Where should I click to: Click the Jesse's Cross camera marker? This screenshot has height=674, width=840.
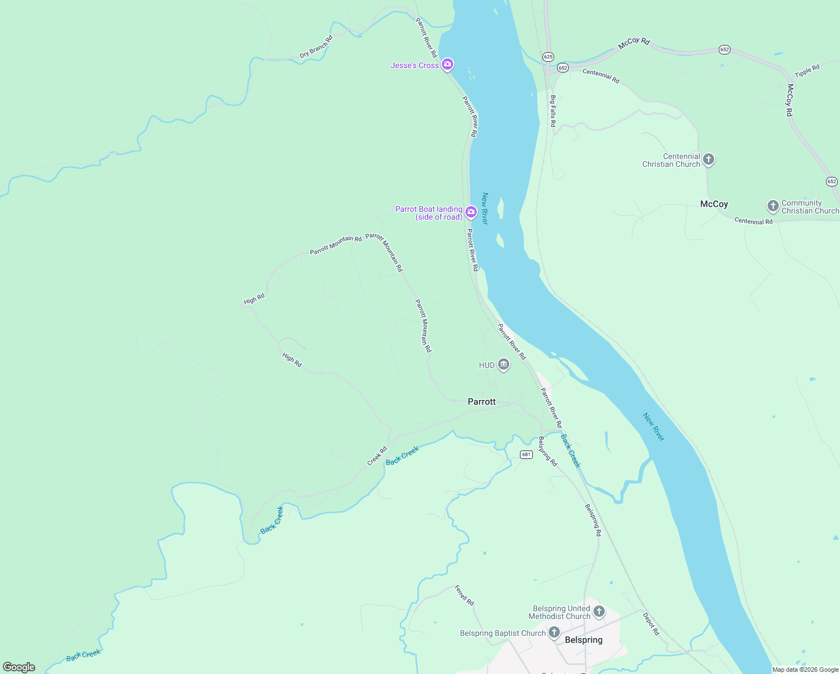pyautogui.click(x=448, y=65)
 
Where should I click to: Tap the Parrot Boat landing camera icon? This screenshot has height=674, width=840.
pyautogui.click(x=471, y=212)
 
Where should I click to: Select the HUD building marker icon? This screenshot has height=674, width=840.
pyautogui.click(x=504, y=365)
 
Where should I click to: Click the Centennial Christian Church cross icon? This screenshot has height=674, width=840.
pyautogui.click(x=709, y=160)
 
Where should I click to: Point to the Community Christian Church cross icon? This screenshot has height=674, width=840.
pyautogui.click(x=773, y=206)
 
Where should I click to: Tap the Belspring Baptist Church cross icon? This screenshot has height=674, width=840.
pyautogui.click(x=554, y=633)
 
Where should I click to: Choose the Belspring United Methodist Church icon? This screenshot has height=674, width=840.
pyautogui.click(x=599, y=612)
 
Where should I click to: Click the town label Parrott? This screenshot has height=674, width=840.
pyautogui.click(x=482, y=402)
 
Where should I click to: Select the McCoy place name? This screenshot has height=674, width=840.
pyautogui.click(x=714, y=204)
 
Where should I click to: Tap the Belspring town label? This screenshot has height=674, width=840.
pyautogui.click(x=583, y=640)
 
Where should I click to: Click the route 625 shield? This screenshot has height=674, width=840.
pyautogui.click(x=548, y=57)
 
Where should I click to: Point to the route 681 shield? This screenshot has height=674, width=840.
pyautogui.click(x=526, y=454)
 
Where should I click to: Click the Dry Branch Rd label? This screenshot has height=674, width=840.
pyautogui.click(x=316, y=47)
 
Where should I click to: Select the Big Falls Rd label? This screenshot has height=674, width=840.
pyautogui.click(x=553, y=111)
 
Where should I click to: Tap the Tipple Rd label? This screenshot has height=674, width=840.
pyautogui.click(x=807, y=71)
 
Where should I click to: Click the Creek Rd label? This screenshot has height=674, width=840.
pyautogui.click(x=377, y=456)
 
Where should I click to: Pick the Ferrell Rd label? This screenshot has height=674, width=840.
pyautogui.click(x=464, y=595)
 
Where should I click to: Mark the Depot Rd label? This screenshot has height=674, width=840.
pyautogui.click(x=651, y=623)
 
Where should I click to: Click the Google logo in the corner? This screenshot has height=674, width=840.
pyautogui.click(x=19, y=667)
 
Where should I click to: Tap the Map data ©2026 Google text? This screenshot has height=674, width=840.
pyautogui.click(x=805, y=670)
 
